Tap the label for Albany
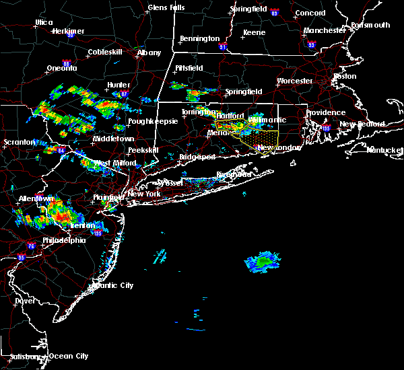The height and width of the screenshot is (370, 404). pyautogui.click(x=149, y=52)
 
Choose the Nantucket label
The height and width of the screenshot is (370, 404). pyautogui.click(x=384, y=149)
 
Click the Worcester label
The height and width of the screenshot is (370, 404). pyautogui.click(x=295, y=81)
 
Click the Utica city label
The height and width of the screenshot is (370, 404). pyautogui.click(x=44, y=22)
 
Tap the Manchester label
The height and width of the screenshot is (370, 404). pyautogui.click(x=324, y=31)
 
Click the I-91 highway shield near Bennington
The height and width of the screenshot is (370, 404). pyautogui.click(x=224, y=48)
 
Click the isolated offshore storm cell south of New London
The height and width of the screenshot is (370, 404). pyautogui.click(x=262, y=261)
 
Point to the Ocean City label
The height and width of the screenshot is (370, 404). pyautogui.click(x=69, y=356)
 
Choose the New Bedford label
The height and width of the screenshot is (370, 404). pyautogui.click(x=362, y=124)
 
